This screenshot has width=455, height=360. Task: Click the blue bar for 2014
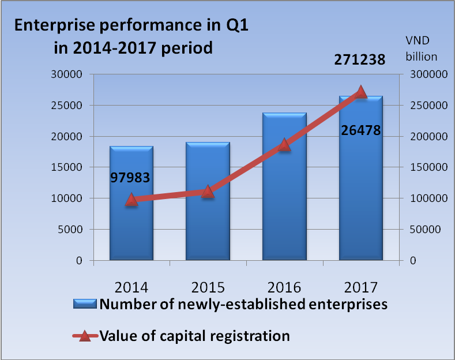(131, 231)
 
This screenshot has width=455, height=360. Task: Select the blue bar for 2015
(208, 231)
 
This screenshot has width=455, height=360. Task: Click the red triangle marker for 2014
(131, 200)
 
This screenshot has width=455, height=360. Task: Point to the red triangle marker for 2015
(208, 192)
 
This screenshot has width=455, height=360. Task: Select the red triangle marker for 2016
(284, 145)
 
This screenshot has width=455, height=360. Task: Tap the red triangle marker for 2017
(361, 92)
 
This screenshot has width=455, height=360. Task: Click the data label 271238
(360, 58)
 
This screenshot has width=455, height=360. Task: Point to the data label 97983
(130, 177)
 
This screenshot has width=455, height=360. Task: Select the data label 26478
(360, 130)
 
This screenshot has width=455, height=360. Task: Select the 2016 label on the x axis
(284, 287)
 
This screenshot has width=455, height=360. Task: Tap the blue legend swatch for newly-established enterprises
(86, 304)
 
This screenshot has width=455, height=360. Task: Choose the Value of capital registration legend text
(194, 335)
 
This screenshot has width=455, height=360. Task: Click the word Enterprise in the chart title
(51, 26)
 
